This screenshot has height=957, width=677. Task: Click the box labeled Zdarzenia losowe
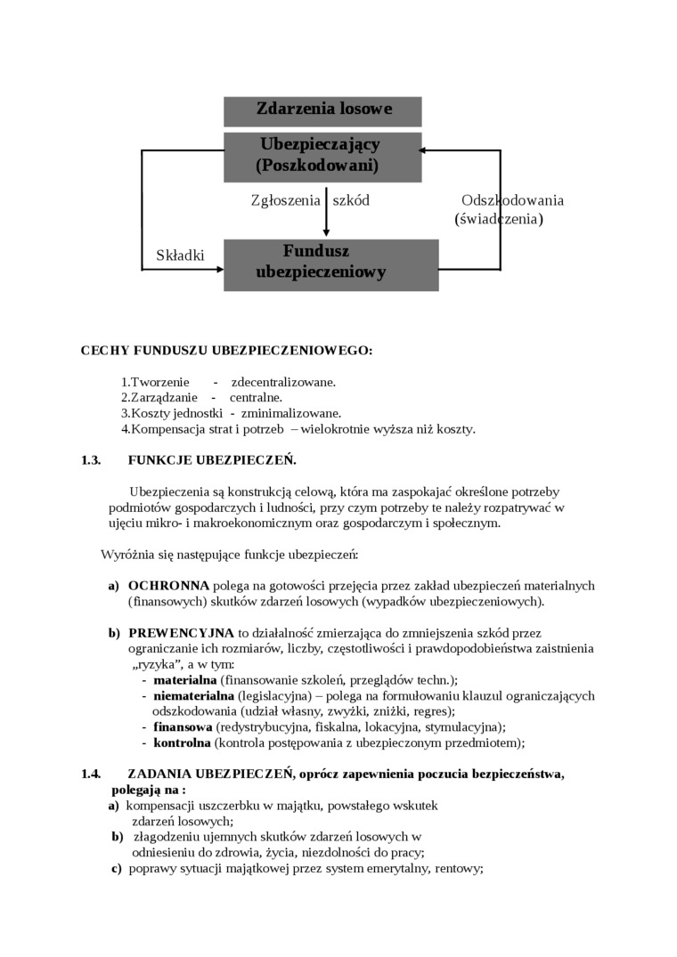click(322, 110)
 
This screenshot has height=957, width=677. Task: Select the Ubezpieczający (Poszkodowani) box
click(322, 156)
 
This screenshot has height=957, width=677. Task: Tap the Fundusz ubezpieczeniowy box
click(330, 264)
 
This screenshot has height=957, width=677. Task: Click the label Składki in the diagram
click(180, 255)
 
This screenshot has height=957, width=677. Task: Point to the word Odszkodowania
click(512, 200)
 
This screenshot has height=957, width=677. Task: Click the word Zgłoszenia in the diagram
click(285, 200)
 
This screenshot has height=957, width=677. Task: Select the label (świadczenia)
click(499, 218)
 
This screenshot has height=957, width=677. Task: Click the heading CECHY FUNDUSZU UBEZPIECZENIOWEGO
click(226, 351)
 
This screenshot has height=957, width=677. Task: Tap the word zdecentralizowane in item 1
click(283, 382)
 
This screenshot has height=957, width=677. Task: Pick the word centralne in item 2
click(256, 398)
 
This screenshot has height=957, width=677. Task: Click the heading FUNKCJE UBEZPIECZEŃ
click(212, 460)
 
